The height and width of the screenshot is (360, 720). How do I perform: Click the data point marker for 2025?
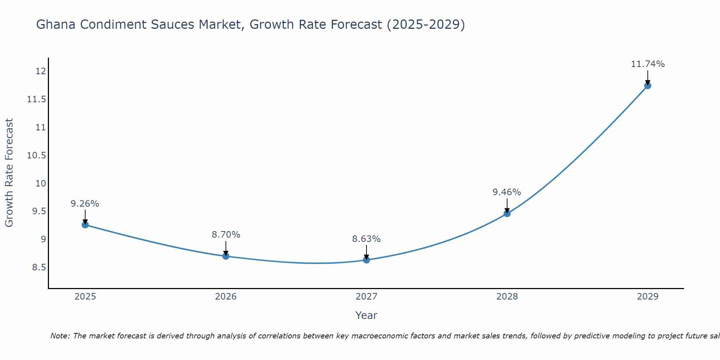(85, 225)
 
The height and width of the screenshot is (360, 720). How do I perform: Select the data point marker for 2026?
(226, 256)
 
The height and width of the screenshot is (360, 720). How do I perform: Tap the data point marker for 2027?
(366, 260)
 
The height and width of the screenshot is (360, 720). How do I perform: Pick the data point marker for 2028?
(507, 213)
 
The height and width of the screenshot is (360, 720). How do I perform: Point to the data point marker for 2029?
(648, 86)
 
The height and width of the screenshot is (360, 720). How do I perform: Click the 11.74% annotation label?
(648, 64)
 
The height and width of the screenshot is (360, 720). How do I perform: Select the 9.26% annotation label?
(85, 204)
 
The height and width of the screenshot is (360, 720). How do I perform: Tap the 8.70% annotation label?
(226, 235)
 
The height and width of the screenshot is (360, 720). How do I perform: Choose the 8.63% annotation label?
(366, 239)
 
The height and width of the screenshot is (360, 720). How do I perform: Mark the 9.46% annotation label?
(507, 192)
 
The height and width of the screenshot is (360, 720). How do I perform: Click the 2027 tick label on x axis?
(366, 297)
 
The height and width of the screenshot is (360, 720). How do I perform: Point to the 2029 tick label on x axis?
(648, 297)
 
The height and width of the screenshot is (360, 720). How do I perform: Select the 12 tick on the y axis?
(41, 71)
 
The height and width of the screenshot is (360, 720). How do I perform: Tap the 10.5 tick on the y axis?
(37, 156)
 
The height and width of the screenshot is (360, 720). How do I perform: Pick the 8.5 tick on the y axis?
(39, 267)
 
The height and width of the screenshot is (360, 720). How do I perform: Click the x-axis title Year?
(366, 315)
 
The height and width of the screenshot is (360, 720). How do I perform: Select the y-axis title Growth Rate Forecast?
(9, 173)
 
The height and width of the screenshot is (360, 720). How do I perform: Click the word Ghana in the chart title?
(56, 25)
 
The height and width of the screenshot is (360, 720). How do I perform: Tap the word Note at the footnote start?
(60, 336)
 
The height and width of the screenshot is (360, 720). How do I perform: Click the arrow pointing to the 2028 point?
(507, 206)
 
